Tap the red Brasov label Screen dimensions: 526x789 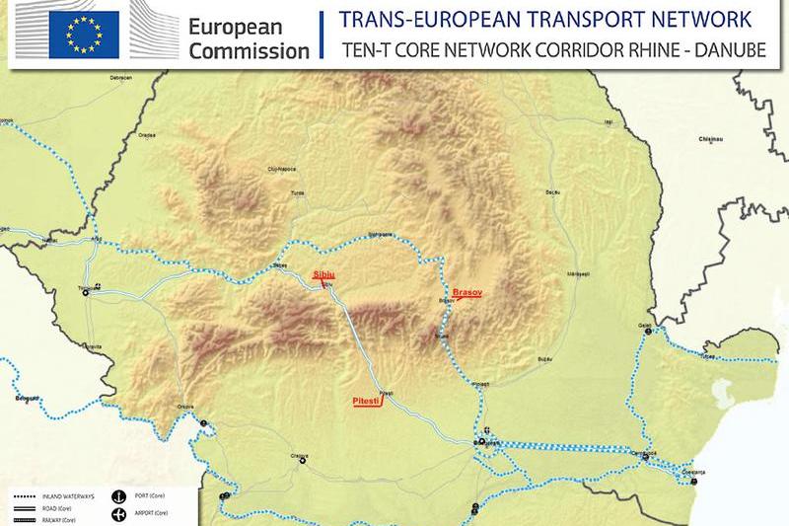[468, 293]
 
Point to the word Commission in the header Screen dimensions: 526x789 [249, 50]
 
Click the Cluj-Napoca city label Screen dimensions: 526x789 [282, 170]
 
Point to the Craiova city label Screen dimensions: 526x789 [300, 455]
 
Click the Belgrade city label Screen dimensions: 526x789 [27, 398]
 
